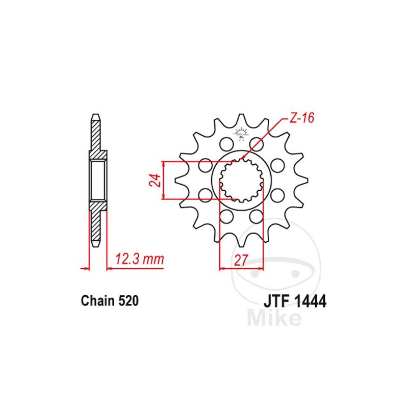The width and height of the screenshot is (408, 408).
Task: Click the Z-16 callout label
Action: pos(302,118)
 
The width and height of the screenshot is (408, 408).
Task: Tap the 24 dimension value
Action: pos(155,180)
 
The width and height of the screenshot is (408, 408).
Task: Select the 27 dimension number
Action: pos(241,260)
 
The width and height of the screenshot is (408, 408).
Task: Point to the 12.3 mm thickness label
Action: pos(139,259)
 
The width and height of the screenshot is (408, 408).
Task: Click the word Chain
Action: pos(97,301)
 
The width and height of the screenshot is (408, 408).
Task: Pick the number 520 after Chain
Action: pos(129,301)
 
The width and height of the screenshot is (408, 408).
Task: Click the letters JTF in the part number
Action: pos(277,302)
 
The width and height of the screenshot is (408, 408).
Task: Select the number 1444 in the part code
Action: pos(310,302)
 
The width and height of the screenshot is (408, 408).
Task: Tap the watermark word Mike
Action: pos(274,317)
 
